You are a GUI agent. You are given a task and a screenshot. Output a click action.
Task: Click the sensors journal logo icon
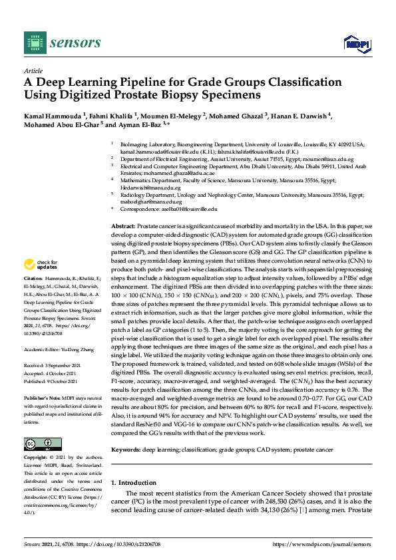coord(33,43)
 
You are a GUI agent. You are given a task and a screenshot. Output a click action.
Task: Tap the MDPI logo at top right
coord(357,44)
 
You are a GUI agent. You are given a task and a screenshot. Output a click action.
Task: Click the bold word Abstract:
coord(124,227)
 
